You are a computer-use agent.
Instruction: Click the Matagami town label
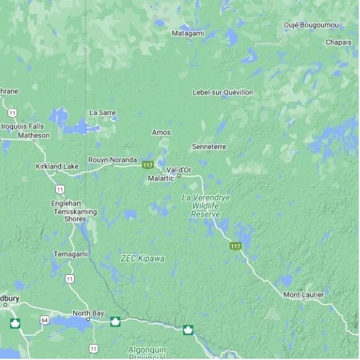pyautogui.click(x=187, y=33)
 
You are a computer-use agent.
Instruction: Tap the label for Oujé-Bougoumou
pyautogui.click(x=312, y=25)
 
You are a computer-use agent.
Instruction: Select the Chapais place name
pyautogui.click(x=338, y=42)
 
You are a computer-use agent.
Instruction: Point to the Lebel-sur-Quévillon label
pyautogui.click(x=223, y=92)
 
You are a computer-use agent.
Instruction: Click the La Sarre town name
pyautogui.click(x=102, y=112)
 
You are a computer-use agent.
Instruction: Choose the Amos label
pyautogui.click(x=161, y=132)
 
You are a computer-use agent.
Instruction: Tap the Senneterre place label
pyautogui.click(x=209, y=146)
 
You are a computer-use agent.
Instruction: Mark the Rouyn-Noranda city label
pyautogui.click(x=112, y=160)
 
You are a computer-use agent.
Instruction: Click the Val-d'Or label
pyautogui.click(x=179, y=169)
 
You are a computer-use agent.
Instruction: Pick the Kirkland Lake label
pyautogui.click(x=57, y=166)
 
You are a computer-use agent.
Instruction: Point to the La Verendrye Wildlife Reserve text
pyautogui.click(x=205, y=205)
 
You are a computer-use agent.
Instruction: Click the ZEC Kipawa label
pyautogui.click(x=143, y=258)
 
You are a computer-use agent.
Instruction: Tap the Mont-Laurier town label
pyautogui.click(x=304, y=294)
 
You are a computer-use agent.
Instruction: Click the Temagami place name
pyautogui.click(x=71, y=254)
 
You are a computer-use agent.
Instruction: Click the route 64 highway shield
pyautogui.click(x=45, y=320)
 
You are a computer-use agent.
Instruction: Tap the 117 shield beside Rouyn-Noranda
pyautogui.click(x=148, y=165)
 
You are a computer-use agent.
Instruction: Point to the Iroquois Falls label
pyautogui.click(x=23, y=126)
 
